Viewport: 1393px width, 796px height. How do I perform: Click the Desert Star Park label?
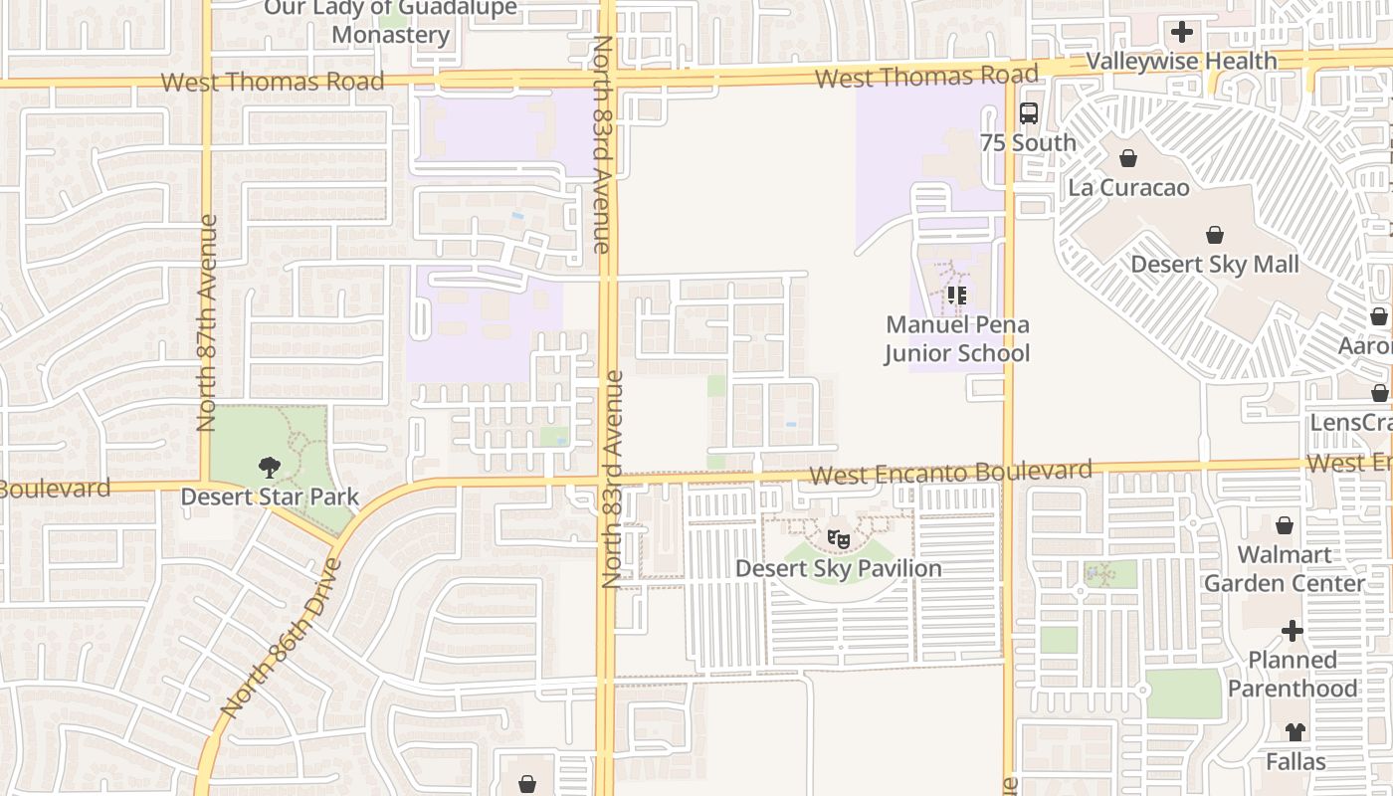(269, 496)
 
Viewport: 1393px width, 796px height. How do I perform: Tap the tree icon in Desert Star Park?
(269, 467)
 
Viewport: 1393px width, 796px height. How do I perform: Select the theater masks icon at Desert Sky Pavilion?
(839, 539)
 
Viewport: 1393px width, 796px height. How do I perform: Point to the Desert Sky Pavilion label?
(839, 568)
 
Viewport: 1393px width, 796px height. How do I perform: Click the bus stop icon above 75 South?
(1029, 113)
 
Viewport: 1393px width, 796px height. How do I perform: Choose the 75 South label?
(1029, 142)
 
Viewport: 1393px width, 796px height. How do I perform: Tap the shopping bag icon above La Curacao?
(1128, 158)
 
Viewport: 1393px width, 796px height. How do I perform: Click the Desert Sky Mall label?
(1215, 264)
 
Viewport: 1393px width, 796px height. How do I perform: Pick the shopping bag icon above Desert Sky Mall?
(1215, 235)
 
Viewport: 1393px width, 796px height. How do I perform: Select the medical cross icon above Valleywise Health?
(1181, 32)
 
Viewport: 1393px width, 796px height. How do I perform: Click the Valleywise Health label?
(1181, 61)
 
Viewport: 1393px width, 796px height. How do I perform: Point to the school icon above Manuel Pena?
(957, 295)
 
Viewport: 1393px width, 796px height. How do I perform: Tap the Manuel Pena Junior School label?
(957, 338)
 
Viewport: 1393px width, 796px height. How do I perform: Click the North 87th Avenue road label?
(207, 323)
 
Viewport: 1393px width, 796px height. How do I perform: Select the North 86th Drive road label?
(282, 638)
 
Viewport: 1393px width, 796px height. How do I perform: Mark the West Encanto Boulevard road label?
(950, 473)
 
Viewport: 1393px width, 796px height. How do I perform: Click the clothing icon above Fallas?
(1295, 732)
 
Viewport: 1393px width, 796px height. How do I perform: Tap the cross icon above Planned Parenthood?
(1292, 631)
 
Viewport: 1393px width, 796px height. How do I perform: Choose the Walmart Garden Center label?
(1285, 568)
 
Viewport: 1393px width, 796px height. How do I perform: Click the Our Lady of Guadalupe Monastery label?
(391, 22)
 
